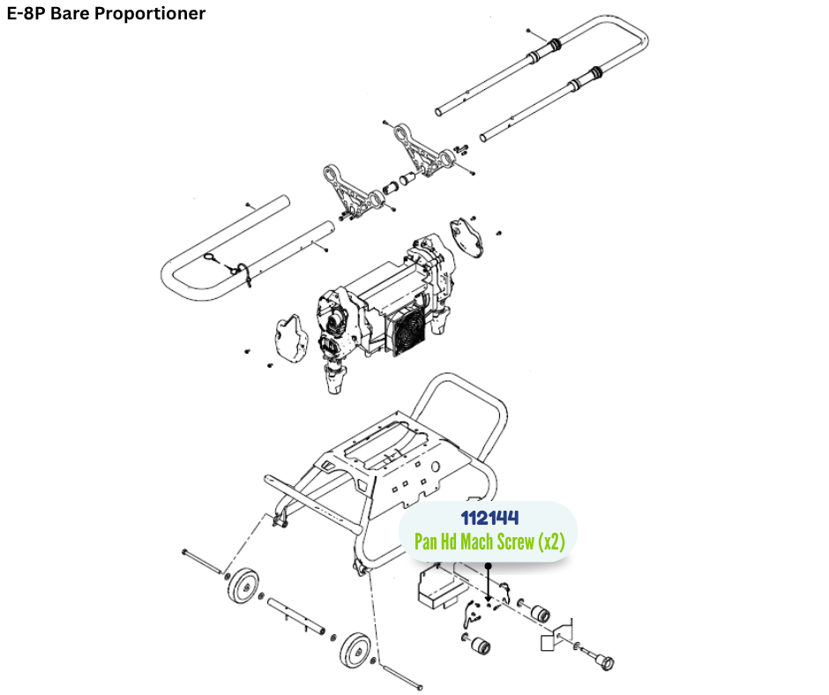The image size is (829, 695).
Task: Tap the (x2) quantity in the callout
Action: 551,541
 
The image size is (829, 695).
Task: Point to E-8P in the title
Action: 26,13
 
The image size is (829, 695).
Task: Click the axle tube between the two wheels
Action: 296,617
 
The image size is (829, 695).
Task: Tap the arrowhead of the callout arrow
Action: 489,600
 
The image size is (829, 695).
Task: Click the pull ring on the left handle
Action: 213,258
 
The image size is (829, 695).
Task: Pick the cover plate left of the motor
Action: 288,335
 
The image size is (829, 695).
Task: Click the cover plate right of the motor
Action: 467,235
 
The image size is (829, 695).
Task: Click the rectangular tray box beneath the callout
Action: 437,587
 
